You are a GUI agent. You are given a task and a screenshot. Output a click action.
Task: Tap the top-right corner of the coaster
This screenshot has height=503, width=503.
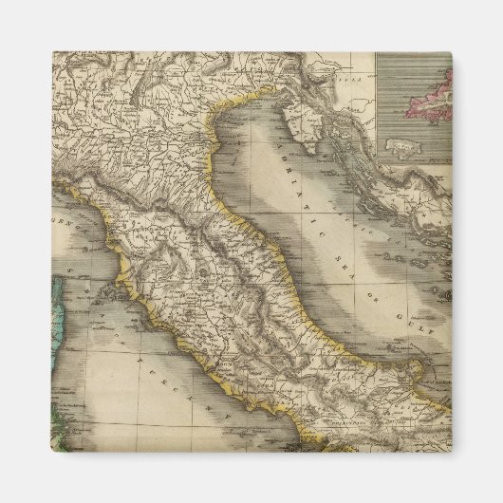pos(451,52)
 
